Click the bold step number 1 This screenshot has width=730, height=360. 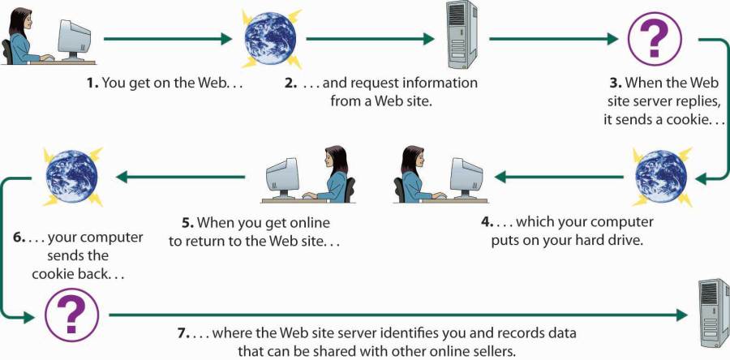[91, 83]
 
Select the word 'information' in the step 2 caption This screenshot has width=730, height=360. [440, 83]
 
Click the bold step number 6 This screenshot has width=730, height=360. [18, 238]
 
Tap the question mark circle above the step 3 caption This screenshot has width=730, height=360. [655, 38]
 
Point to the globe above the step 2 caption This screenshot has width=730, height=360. [272, 37]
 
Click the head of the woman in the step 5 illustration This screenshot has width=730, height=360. [333, 156]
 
